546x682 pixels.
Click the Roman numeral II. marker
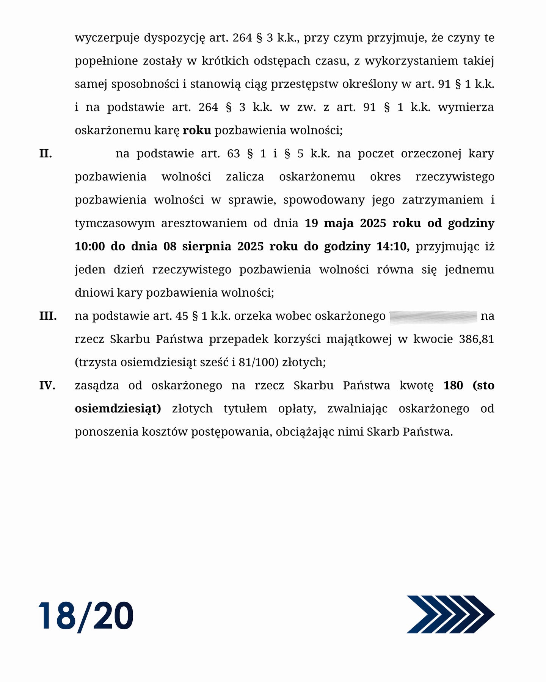(x=45, y=154)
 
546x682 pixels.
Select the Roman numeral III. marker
(x=48, y=316)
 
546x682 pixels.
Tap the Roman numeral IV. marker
(x=47, y=386)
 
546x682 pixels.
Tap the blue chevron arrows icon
(x=450, y=614)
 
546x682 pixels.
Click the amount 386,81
(x=476, y=339)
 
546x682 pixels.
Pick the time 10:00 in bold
(x=89, y=247)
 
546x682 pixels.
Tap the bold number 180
(x=453, y=386)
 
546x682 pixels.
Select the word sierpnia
(x=207, y=247)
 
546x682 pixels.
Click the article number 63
(x=233, y=154)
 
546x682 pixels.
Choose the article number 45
(x=182, y=316)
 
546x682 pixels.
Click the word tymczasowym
(x=115, y=223)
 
